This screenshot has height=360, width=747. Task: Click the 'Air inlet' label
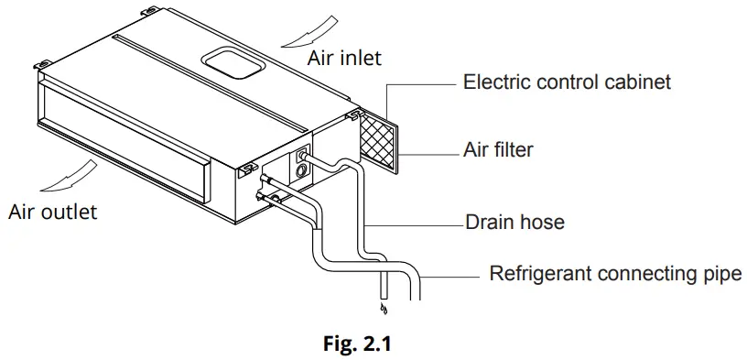click(344, 58)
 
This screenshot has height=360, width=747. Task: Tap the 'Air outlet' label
click(52, 212)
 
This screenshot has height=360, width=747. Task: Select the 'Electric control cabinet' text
click(567, 82)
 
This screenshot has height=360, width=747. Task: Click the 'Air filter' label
click(499, 148)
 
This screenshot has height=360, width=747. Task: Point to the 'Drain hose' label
click(514, 222)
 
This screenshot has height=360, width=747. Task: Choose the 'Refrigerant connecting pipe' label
click(615, 274)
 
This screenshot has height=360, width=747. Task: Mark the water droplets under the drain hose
click(382, 308)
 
